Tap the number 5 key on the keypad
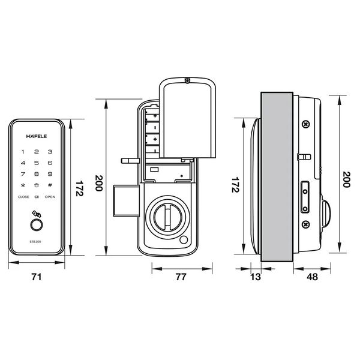37,163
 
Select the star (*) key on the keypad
23,184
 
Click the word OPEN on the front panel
50,197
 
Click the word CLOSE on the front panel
23,197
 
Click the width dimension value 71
37,278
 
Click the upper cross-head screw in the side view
305,124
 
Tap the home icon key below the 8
37,184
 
